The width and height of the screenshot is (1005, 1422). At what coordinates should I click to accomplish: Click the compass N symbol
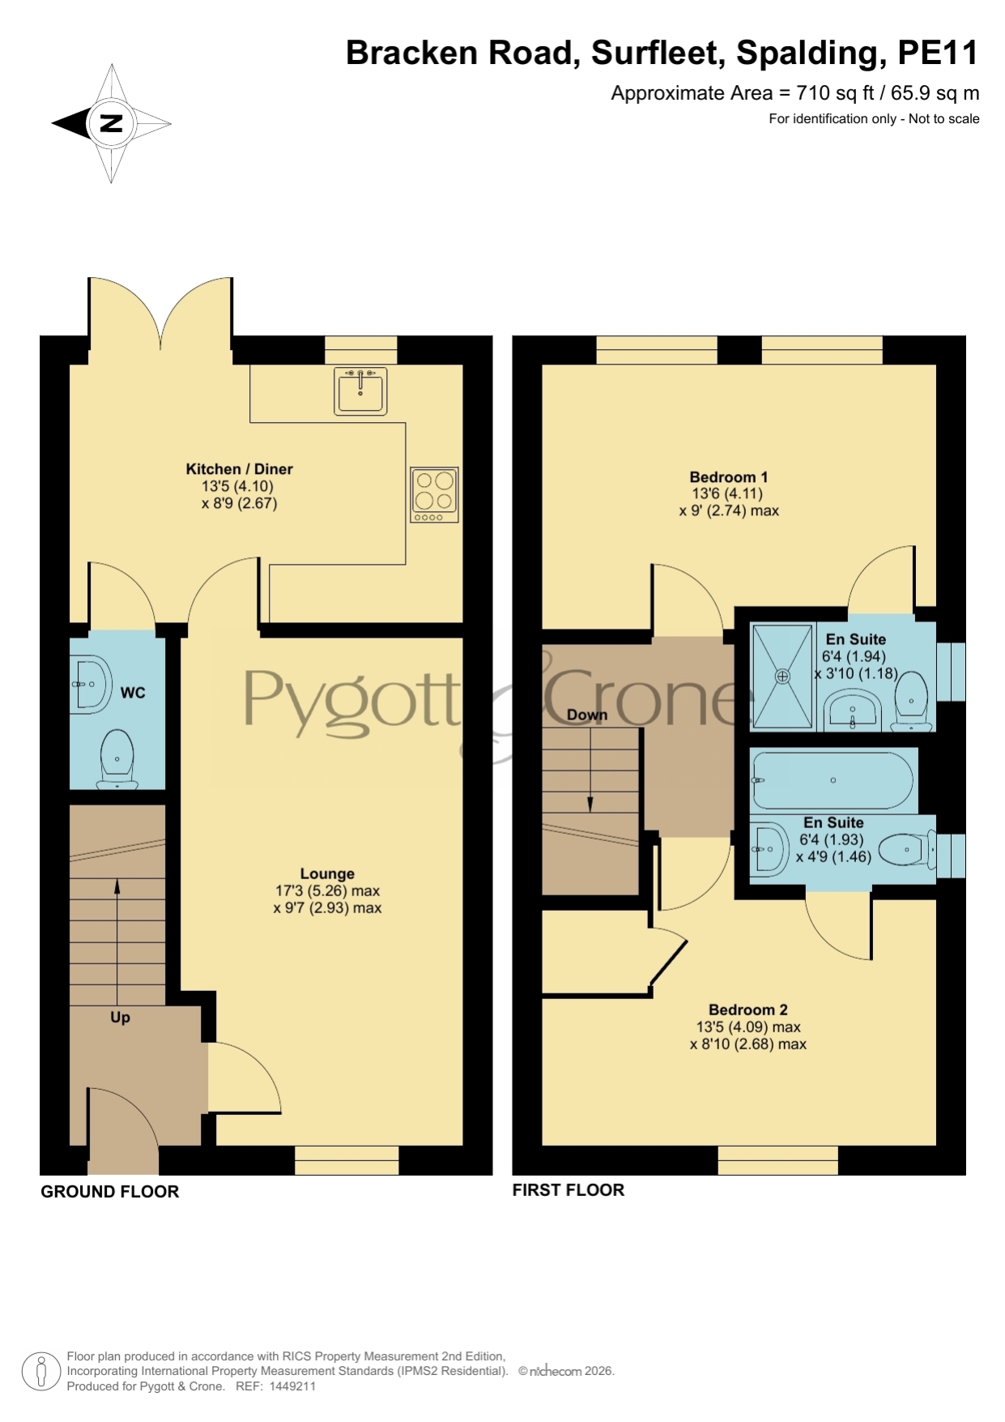(x=111, y=124)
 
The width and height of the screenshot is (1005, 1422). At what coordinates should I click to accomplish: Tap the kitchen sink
(x=360, y=391)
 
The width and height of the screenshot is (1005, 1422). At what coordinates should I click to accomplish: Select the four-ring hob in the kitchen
(x=434, y=495)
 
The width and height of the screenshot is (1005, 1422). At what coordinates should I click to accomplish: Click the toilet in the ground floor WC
(x=117, y=759)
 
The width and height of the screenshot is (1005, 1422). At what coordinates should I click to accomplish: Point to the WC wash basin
(x=89, y=685)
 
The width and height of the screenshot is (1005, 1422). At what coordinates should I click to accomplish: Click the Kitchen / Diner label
(x=239, y=469)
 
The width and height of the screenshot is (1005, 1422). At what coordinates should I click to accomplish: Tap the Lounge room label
(x=327, y=873)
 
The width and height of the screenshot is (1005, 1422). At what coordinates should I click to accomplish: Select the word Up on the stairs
(x=120, y=1018)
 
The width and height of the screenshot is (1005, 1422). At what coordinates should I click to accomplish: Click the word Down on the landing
(x=587, y=715)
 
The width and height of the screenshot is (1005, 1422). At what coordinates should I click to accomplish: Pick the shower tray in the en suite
(x=782, y=675)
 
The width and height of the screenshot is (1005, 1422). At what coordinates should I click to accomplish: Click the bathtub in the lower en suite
(x=833, y=780)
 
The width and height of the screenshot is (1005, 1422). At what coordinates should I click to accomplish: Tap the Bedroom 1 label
(x=729, y=477)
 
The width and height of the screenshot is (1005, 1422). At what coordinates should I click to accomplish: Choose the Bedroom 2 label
(x=748, y=1010)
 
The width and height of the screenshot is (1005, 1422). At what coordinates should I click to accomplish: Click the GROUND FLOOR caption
(x=110, y=1192)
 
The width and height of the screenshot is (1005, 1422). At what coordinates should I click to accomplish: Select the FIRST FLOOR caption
(x=569, y=1190)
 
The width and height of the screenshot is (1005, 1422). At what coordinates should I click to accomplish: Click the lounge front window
(x=347, y=1160)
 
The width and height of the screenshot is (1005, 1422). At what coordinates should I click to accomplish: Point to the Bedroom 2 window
(x=778, y=1160)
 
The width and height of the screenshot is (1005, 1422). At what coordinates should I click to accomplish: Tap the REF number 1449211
(x=292, y=1386)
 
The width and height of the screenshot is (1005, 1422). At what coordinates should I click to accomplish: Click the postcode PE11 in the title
(x=939, y=53)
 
